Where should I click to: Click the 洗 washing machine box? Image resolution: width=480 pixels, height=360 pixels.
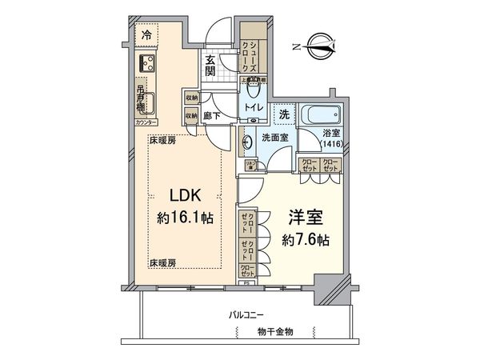(285, 114)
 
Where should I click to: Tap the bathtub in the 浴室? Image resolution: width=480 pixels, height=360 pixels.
(321, 114)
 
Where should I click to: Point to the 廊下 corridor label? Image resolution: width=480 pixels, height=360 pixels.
(212, 115)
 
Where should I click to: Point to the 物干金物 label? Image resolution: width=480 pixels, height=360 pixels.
(275, 330)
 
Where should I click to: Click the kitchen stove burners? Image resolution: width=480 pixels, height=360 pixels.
(148, 63)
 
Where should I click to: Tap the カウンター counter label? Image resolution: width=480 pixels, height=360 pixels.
(146, 124)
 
